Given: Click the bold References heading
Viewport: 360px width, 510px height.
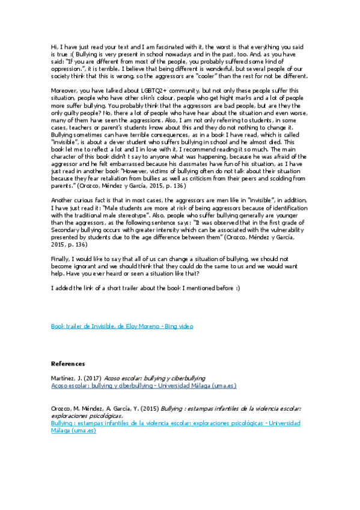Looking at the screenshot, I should [68, 364].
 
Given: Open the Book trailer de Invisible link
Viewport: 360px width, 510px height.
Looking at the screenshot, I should [122, 326].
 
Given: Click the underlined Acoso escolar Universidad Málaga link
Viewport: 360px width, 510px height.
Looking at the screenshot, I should [144, 386].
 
